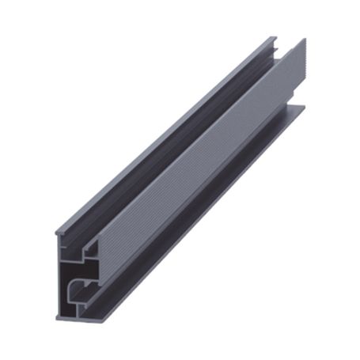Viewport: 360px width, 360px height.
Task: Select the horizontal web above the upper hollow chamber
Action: click(79, 244)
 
